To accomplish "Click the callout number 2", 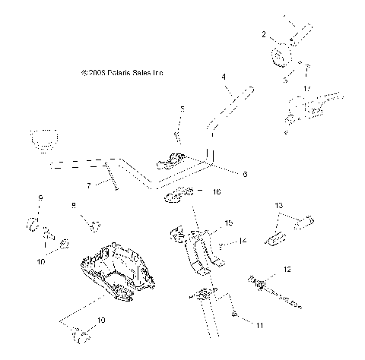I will pyautogui.click(x=264, y=35).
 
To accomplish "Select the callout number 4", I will pyautogui.click(x=224, y=77).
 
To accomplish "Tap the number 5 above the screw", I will pyautogui.click(x=182, y=110).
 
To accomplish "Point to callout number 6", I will pyautogui.click(x=224, y=175).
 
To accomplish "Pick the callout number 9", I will pyautogui.click(x=41, y=198).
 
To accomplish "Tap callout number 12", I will pyautogui.click(x=287, y=270).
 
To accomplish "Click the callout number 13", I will pyautogui.click(x=278, y=205).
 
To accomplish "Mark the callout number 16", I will pyautogui.click(x=217, y=193).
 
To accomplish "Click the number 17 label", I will pyautogui.click(x=306, y=88).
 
